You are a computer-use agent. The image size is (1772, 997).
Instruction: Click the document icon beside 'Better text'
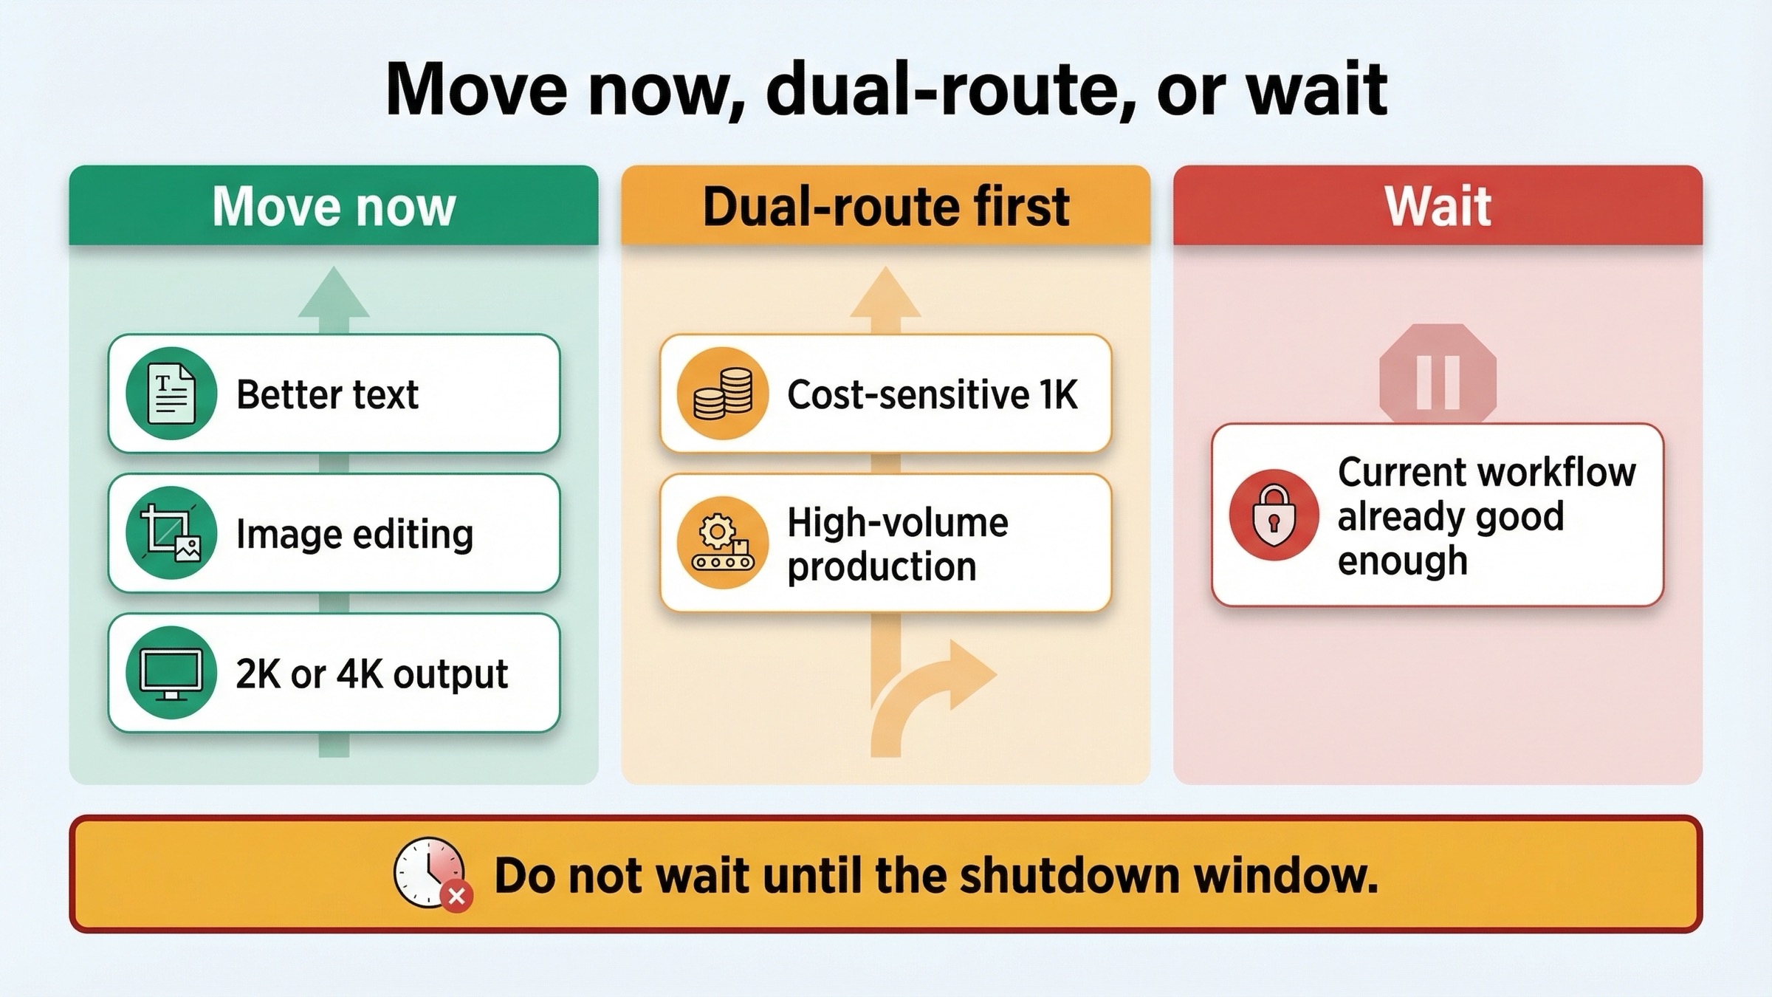171,393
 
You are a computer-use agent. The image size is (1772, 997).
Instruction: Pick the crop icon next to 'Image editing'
171,533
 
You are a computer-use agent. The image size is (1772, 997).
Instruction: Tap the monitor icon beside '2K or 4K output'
171,673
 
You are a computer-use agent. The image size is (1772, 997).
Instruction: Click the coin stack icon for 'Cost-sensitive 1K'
723,393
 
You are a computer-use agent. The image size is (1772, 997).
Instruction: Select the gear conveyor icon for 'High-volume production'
723,543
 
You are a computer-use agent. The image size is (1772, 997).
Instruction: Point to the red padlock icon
1274,515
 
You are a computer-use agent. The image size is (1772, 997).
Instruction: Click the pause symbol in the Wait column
1438,380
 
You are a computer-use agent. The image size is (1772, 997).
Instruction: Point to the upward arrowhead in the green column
334,294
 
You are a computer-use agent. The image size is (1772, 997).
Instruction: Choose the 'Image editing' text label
354,534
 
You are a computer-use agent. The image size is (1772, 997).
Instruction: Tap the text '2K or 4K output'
371,674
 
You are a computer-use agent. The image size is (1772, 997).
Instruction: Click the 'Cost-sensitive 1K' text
932,394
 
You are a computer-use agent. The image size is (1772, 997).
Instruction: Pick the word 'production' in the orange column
882,566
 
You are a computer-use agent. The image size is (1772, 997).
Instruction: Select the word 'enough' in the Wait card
1402,561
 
